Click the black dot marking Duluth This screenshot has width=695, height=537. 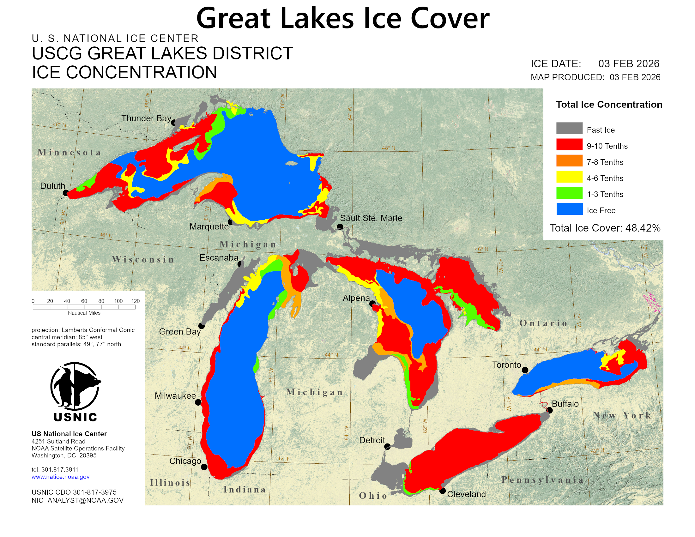click(x=66, y=193)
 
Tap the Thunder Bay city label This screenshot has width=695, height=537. click(x=146, y=118)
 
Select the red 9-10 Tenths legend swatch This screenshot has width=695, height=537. click(x=569, y=144)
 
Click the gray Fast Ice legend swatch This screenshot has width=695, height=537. click(x=569, y=128)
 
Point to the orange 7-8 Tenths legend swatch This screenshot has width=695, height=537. click(x=569, y=161)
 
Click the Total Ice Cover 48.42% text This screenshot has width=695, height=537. click(x=605, y=228)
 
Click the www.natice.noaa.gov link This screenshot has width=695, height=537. click(x=60, y=477)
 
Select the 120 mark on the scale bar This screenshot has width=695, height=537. click(x=136, y=301)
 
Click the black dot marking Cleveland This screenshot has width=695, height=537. click(x=442, y=491)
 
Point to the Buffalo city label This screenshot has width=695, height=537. click(x=565, y=404)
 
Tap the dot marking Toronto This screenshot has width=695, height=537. click(x=525, y=370)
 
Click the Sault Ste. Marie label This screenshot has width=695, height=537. click(x=371, y=218)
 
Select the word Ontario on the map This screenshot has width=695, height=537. click(x=543, y=323)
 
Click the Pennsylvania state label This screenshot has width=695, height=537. click(x=542, y=480)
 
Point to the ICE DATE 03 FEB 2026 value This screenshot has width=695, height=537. click(x=628, y=63)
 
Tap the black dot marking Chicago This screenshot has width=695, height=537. click(x=204, y=467)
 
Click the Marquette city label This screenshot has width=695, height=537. click(x=209, y=226)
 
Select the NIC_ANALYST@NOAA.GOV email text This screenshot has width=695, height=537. click(x=77, y=500)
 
